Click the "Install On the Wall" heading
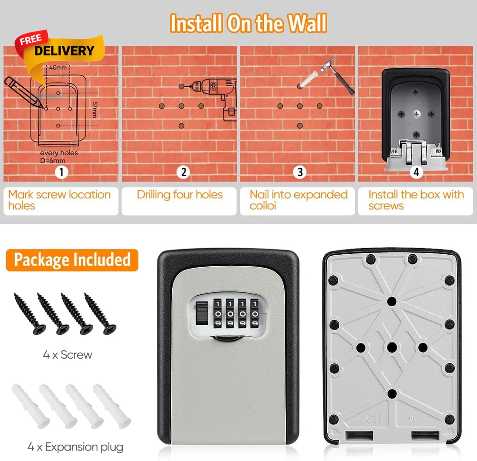point(248,23)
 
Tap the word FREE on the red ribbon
point(31,40)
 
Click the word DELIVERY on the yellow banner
point(64,50)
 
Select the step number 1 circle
point(62,172)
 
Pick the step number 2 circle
point(183,172)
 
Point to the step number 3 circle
point(300,172)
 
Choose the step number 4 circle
point(416,172)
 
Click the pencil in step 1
point(23,92)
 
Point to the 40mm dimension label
point(58,68)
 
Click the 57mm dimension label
point(95,110)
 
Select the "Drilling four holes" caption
point(179,195)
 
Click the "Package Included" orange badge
point(72,260)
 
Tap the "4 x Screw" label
point(68,354)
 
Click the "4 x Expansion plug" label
point(75,447)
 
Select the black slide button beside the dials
point(201,313)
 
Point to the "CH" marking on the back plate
point(373,419)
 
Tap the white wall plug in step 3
point(308,80)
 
